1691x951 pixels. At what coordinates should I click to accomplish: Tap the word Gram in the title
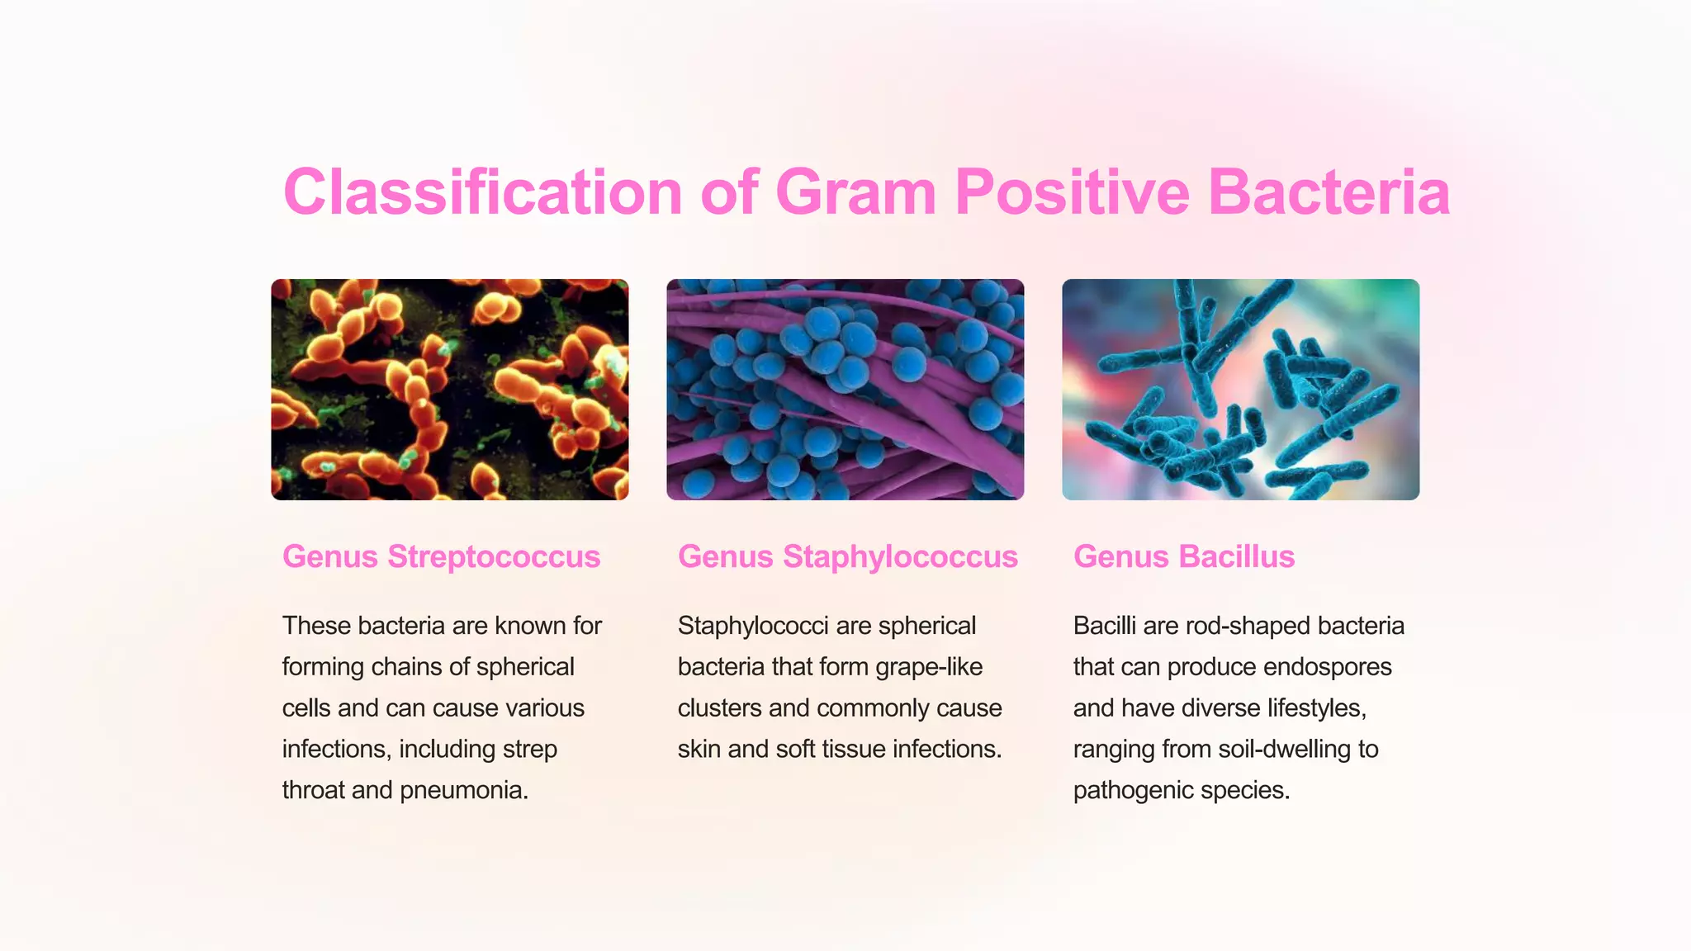[x=855, y=192]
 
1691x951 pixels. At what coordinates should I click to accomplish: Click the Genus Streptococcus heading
[x=441, y=556]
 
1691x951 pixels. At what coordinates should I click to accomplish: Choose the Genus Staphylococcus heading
[x=847, y=556]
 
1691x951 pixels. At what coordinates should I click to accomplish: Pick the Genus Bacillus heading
[x=1183, y=556]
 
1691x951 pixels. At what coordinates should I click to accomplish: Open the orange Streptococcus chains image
[x=450, y=390]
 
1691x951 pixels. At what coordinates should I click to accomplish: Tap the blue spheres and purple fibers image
[x=845, y=390]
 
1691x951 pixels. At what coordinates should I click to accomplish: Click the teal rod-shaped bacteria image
[x=1240, y=390]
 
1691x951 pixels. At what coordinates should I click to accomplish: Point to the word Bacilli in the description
[x=1104, y=626]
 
